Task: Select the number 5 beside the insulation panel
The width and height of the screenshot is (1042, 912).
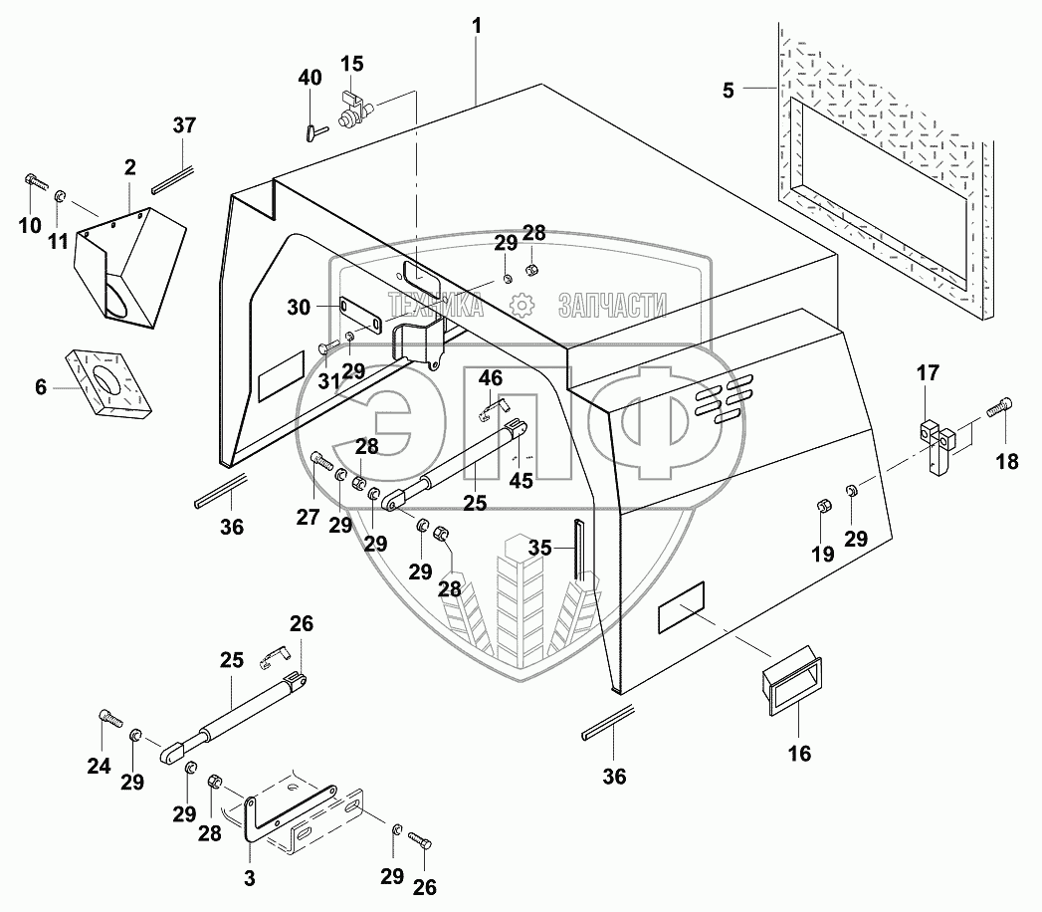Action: click(x=729, y=91)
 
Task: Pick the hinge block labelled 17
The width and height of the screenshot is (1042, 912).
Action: click(x=937, y=444)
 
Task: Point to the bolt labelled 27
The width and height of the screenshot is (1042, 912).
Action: click(x=319, y=462)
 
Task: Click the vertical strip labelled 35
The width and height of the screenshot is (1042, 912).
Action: click(x=577, y=554)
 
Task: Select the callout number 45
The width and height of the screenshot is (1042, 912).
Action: click(x=521, y=480)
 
